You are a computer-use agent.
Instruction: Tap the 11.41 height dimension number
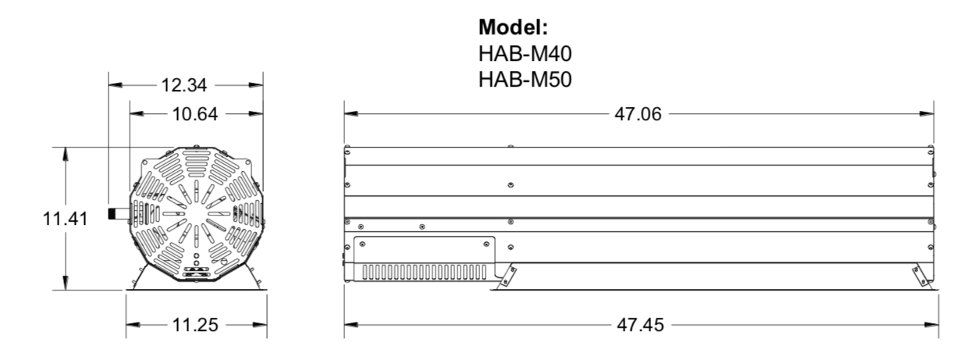(65, 219)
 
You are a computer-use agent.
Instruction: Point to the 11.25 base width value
(196, 325)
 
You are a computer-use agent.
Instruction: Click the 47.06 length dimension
(639, 115)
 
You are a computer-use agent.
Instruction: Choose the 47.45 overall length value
(641, 325)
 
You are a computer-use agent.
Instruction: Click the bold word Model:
(513, 29)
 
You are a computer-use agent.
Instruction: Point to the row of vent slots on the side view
(422, 271)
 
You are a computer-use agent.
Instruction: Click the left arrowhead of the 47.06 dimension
(351, 114)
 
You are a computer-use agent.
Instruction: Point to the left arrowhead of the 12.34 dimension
(115, 85)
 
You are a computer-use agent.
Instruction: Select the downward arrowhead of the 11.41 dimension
(66, 283)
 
